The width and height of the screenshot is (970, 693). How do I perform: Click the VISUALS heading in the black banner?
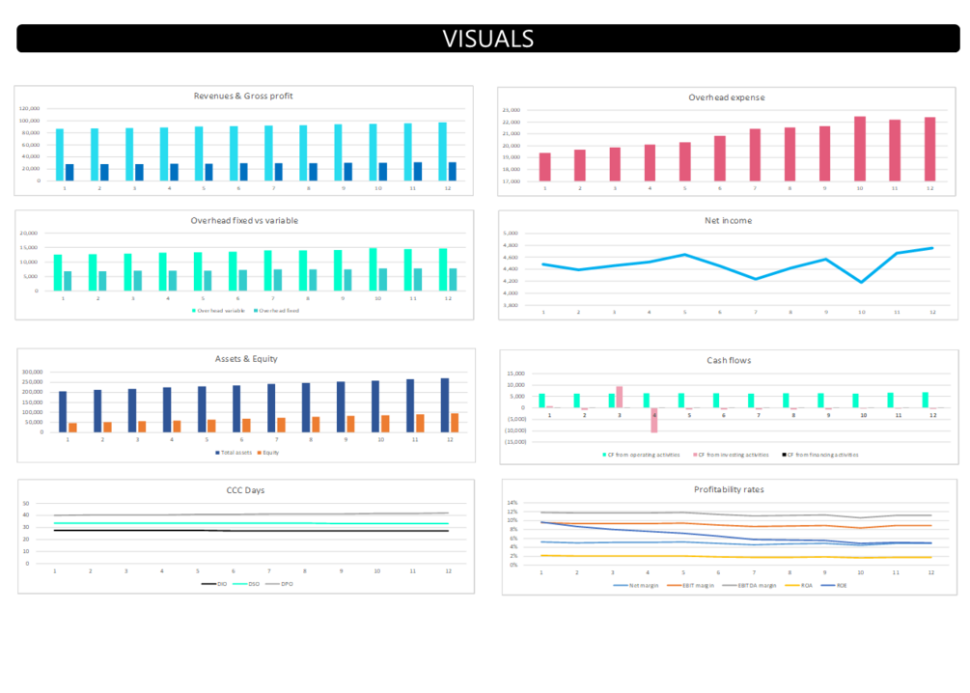pyautogui.click(x=487, y=39)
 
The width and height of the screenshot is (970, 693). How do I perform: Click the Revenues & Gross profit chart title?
pyautogui.click(x=243, y=96)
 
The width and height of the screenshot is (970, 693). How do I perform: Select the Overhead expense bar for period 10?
pyautogui.click(x=860, y=149)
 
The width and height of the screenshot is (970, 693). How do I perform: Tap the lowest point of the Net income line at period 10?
pyautogui.click(x=861, y=282)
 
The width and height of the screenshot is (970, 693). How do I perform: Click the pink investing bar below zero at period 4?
pyautogui.click(x=653, y=420)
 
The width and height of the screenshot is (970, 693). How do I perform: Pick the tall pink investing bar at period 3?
pyautogui.click(x=619, y=397)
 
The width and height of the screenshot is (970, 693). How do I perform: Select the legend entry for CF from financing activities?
pyautogui.click(x=822, y=455)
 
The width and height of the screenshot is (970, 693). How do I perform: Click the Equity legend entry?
pyautogui.click(x=269, y=453)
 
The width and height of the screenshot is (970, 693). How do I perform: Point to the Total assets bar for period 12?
pyautogui.click(x=445, y=405)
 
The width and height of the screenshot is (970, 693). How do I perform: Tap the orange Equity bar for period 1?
pyautogui.click(x=72, y=427)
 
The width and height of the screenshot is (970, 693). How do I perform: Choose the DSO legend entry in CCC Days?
pyautogui.click(x=253, y=584)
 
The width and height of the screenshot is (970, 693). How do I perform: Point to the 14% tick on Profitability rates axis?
pyautogui.click(x=513, y=503)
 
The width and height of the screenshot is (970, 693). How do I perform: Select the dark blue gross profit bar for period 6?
pyautogui.click(x=243, y=172)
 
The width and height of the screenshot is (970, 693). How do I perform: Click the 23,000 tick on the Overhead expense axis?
pyautogui.click(x=512, y=110)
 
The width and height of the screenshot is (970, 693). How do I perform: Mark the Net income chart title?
pyautogui.click(x=728, y=220)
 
